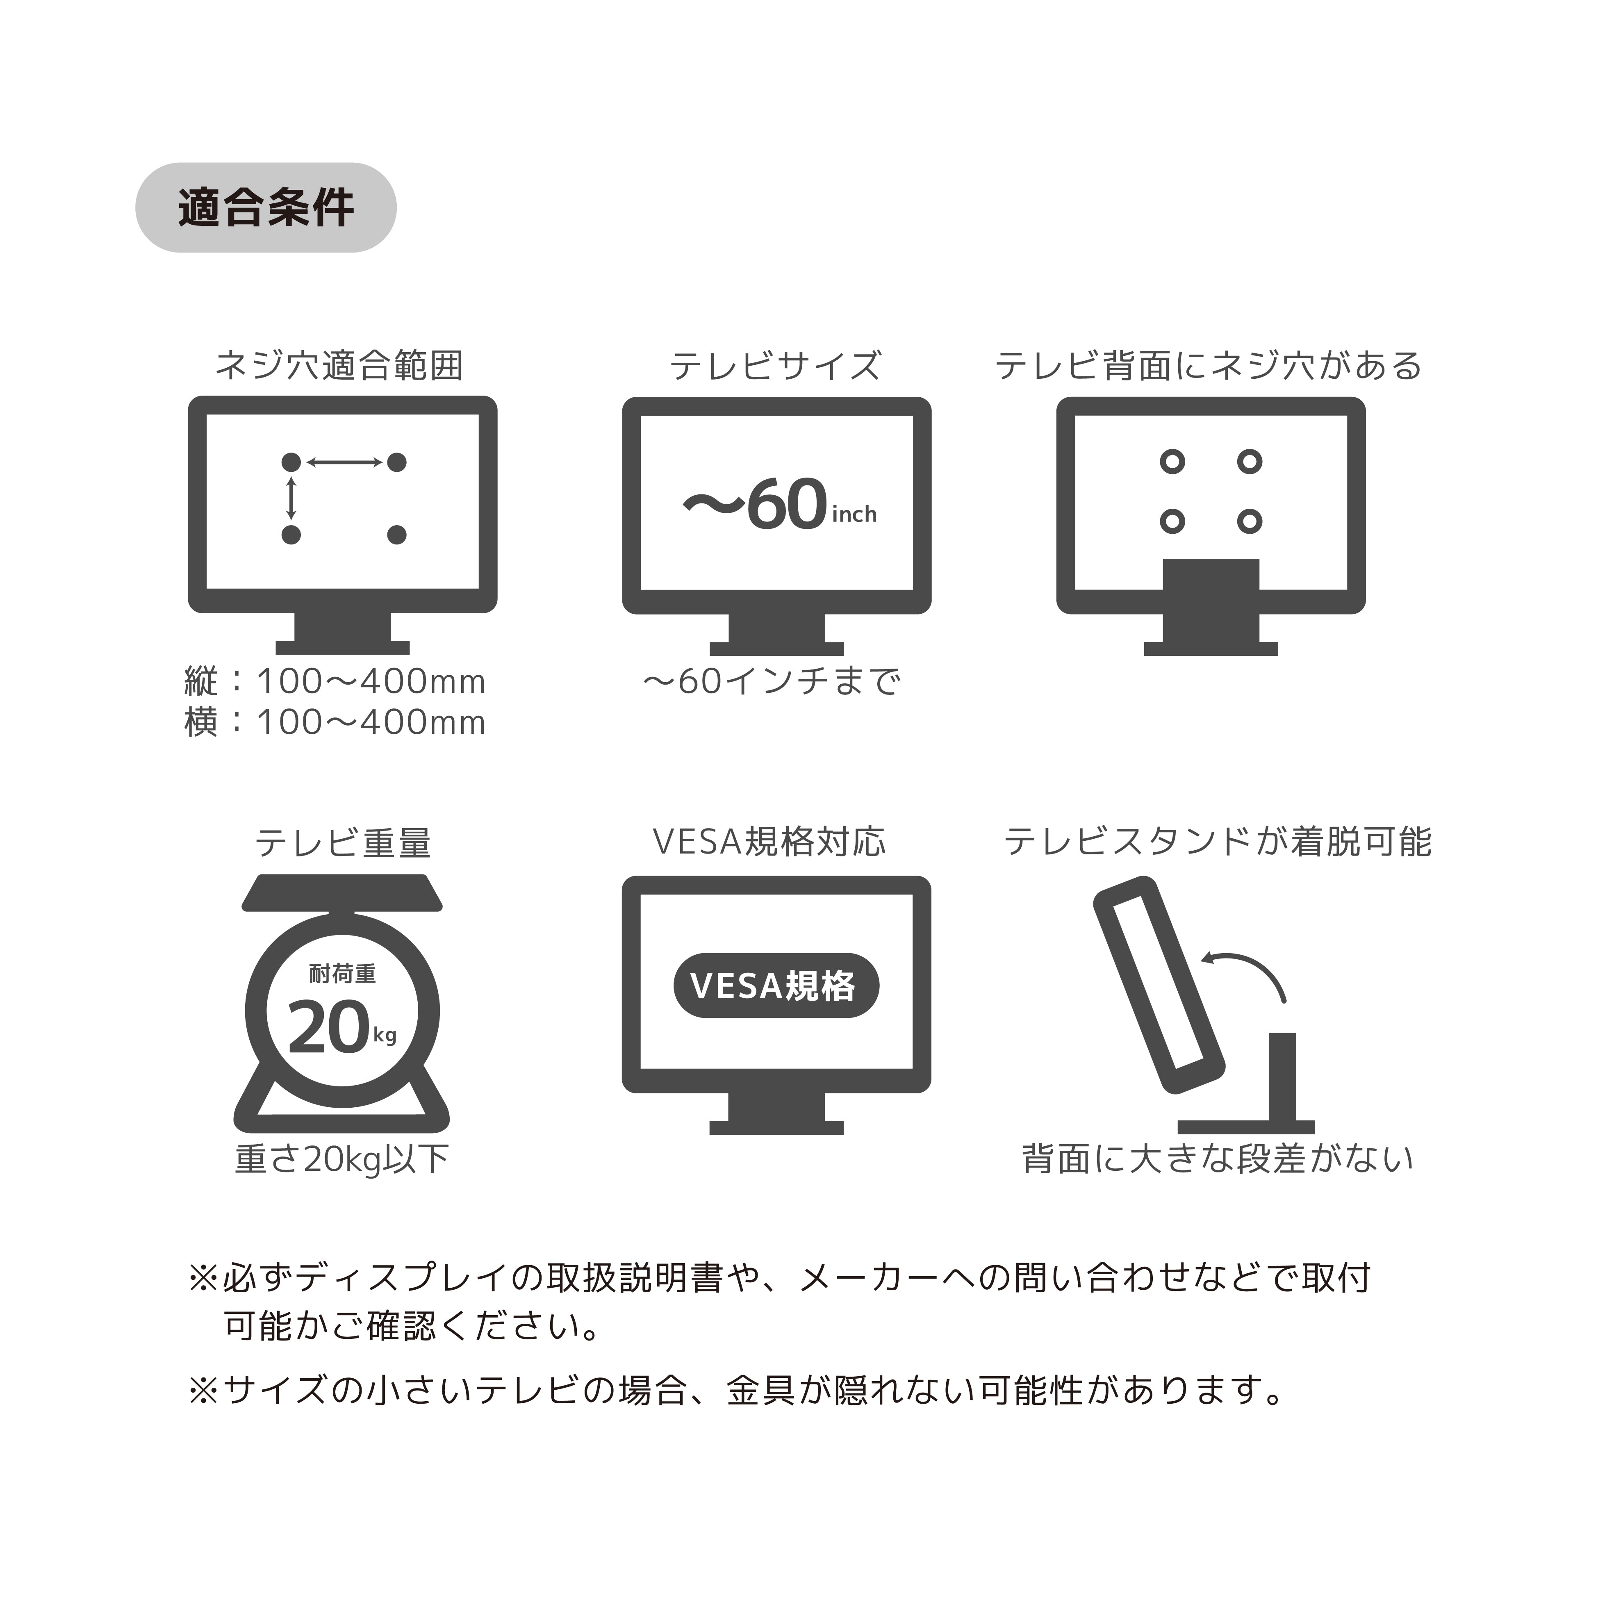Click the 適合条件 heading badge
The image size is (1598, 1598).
click(266, 207)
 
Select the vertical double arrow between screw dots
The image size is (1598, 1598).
click(291, 498)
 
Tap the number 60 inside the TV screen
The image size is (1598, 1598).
click(787, 505)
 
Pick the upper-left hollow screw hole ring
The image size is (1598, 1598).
click(1172, 462)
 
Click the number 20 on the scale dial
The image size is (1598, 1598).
click(328, 1028)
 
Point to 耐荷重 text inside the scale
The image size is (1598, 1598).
click(342, 974)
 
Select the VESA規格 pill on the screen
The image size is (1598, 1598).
click(776, 986)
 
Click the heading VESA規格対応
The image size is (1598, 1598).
click(769, 842)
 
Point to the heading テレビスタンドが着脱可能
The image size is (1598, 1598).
click(1218, 842)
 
